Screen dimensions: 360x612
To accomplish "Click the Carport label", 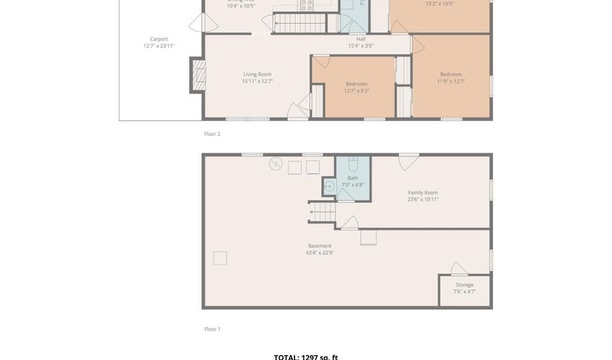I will [158, 39].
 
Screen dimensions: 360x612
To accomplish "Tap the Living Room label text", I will [257, 74].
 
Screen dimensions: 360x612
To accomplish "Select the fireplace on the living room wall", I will [198, 75].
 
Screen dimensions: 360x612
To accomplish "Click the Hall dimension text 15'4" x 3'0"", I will [360, 46].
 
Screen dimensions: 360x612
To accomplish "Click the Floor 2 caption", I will [212, 134].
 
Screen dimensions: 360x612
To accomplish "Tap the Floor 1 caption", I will [212, 329].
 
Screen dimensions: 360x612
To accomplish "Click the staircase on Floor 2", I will [300, 24].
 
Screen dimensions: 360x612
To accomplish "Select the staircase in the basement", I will [323, 213].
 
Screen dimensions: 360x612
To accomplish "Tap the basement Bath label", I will [352, 178].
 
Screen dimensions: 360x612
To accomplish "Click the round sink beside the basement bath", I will [329, 186].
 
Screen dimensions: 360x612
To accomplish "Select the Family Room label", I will [422, 193].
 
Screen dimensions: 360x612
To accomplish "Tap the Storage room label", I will [464, 285].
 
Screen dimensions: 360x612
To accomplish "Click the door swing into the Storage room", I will [459, 269].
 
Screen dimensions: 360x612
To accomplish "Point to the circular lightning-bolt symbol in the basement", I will [275, 163].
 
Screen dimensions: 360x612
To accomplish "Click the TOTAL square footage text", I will [305, 357].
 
